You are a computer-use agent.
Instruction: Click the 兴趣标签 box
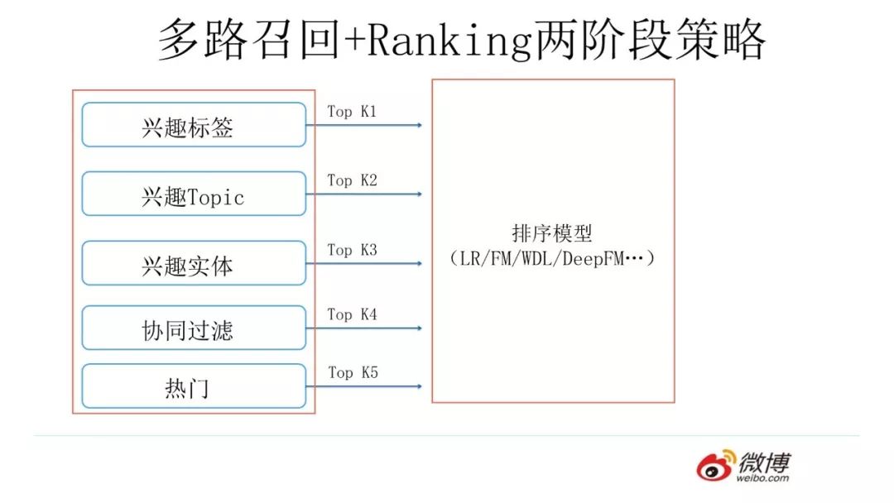pos(194,125)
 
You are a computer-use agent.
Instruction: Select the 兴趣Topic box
pos(194,194)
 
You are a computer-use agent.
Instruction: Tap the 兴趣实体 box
pos(194,263)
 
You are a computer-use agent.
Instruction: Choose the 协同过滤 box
pos(194,328)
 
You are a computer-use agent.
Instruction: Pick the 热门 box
pos(194,386)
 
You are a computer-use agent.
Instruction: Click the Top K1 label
pos(352,111)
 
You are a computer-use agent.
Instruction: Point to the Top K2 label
pos(352,180)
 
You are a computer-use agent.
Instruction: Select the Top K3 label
pos(352,249)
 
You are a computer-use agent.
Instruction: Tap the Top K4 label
pos(352,314)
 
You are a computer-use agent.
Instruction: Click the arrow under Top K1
pos(364,125)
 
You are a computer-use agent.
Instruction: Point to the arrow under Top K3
pos(364,264)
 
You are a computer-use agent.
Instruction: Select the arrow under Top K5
pos(364,386)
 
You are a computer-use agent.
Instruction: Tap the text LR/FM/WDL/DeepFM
pos(552,258)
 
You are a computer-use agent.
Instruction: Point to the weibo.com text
pos(762,477)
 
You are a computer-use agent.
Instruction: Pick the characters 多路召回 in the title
pos(249,40)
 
